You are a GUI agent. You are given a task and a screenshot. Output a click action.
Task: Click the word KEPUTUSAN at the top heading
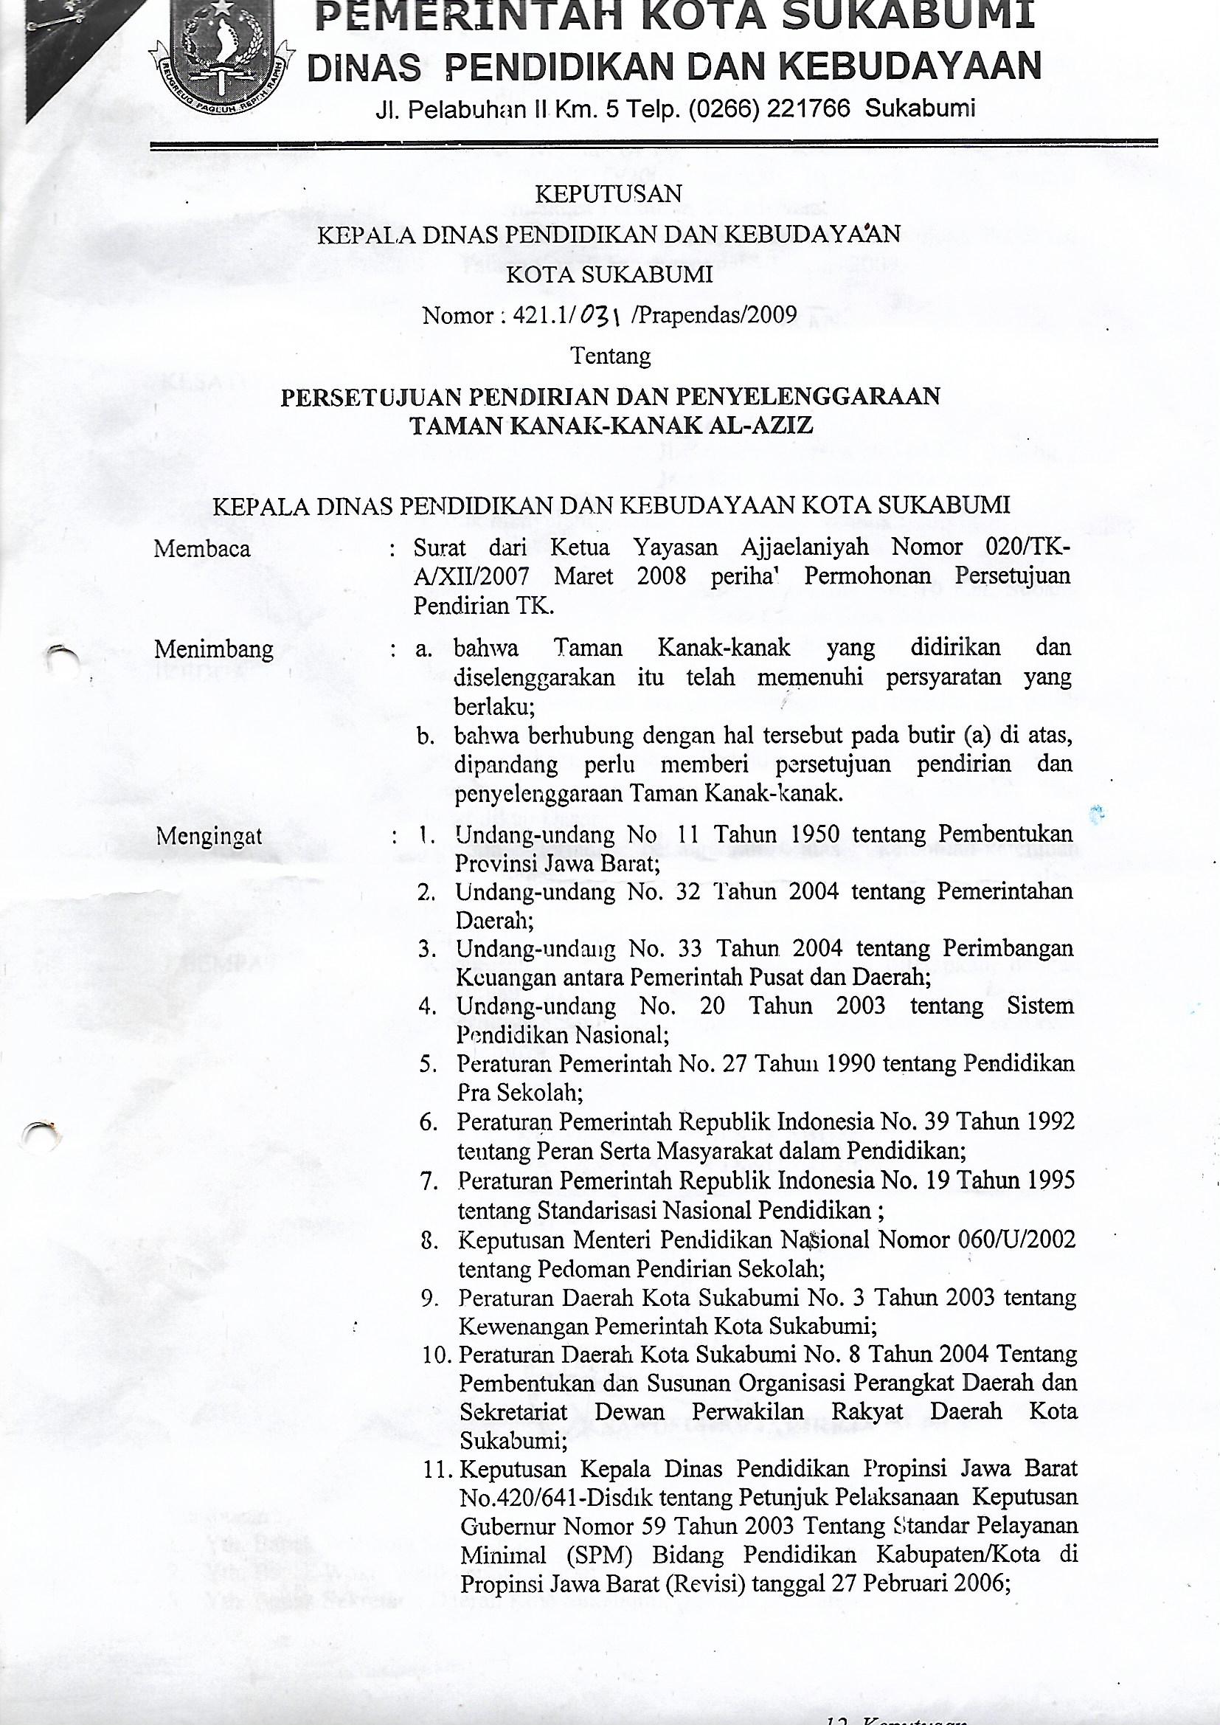(x=608, y=194)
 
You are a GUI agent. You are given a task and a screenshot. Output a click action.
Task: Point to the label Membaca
(x=201, y=549)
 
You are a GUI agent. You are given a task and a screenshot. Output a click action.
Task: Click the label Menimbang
(x=213, y=649)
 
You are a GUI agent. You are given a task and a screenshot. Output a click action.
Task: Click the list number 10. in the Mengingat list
(x=434, y=1355)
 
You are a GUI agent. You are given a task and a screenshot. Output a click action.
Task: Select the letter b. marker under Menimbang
(x=426, y=737)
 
